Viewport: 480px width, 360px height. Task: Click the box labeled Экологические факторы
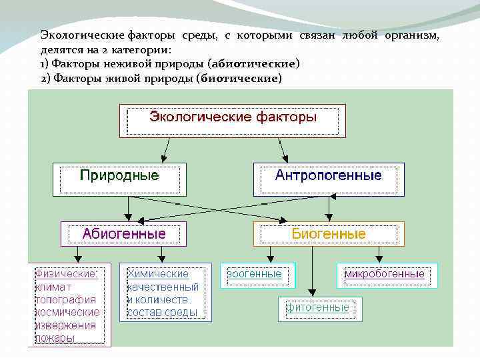point(232,121)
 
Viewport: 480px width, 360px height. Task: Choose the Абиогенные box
point(123,234)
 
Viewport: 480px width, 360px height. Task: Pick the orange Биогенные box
point(329,234)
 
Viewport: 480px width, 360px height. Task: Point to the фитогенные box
point(318,308)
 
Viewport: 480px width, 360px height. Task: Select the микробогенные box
point(384,275)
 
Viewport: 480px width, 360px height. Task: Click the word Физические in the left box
point(67,273)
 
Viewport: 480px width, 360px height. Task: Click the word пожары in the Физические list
point(55,338)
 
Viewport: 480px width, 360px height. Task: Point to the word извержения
point(65,325)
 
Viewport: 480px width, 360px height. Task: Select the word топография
point(65,299)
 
